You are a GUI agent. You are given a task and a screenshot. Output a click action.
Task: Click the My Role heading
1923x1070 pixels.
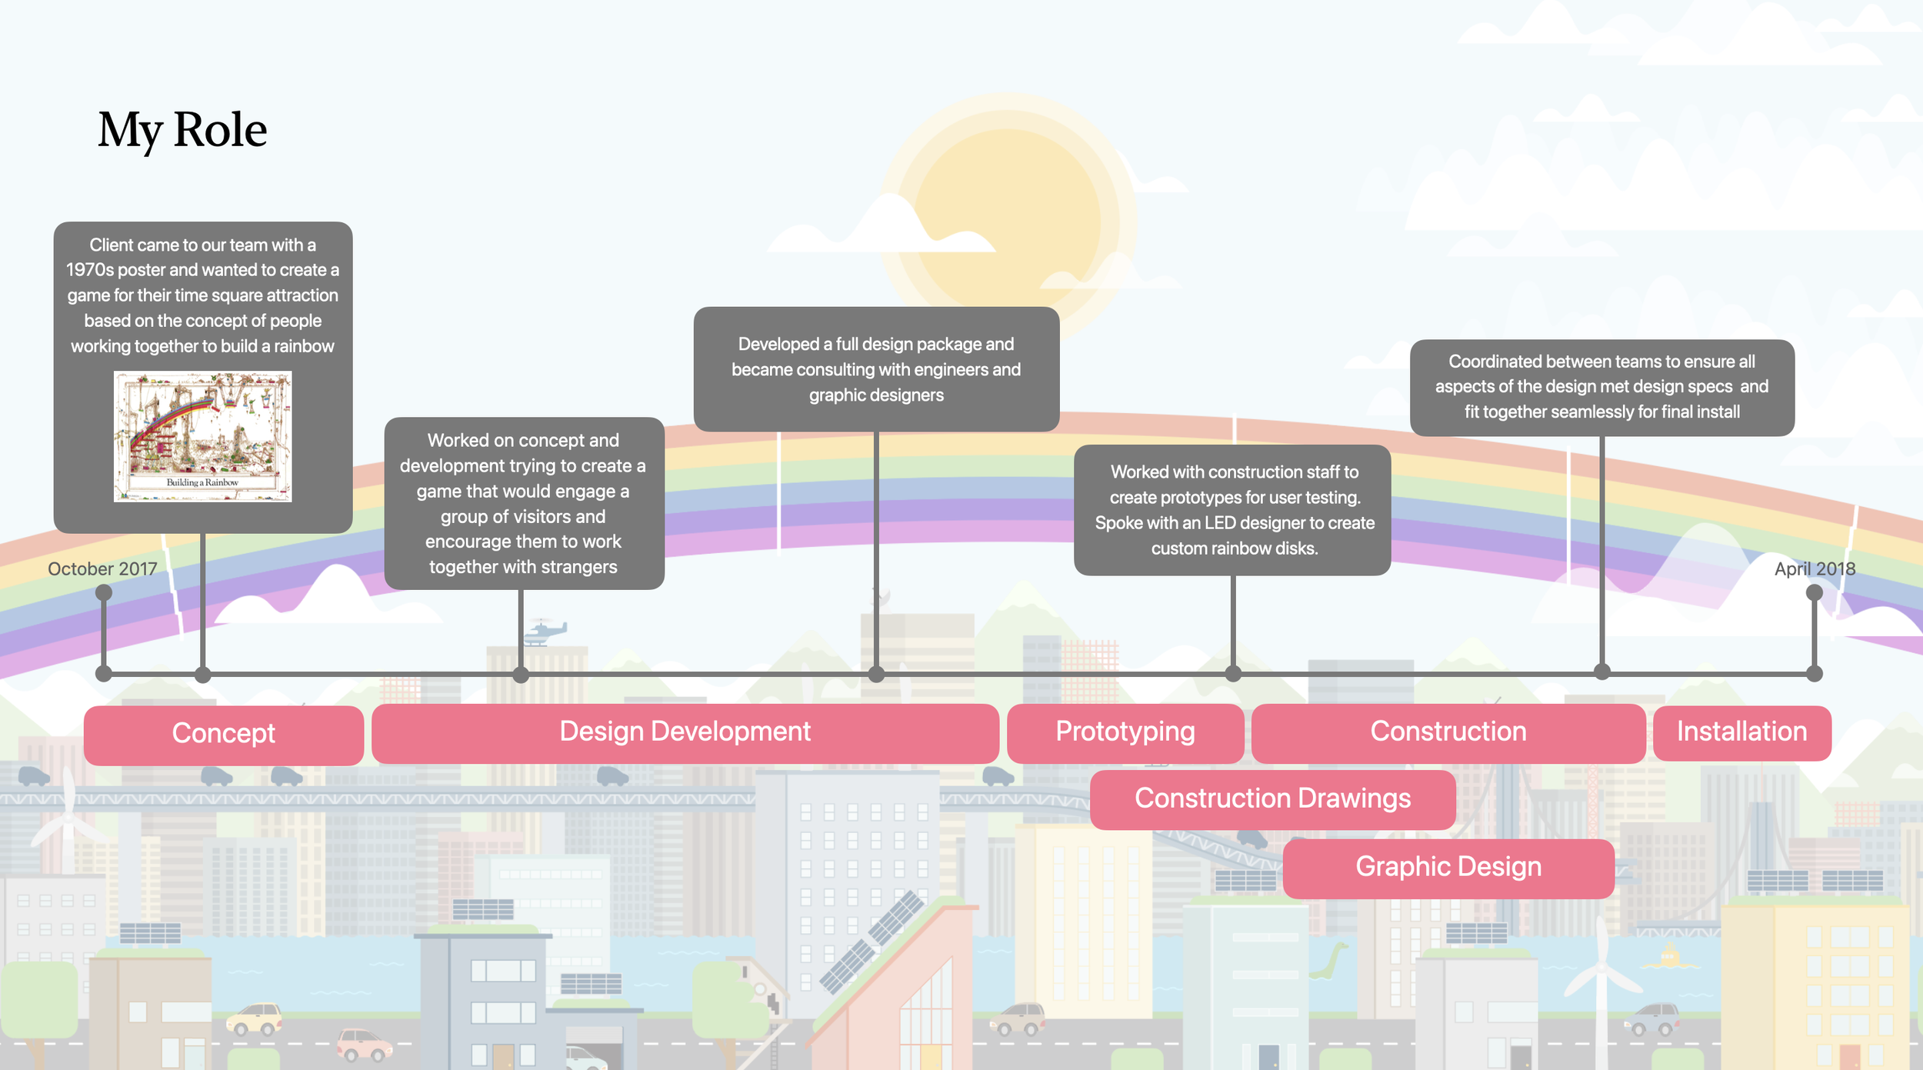click(182, 129)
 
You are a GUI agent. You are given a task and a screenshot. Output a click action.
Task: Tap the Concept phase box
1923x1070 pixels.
click(223, 734)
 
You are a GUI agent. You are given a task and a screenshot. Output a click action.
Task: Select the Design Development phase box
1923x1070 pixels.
click(685, 732)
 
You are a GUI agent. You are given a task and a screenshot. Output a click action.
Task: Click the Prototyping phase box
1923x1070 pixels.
click(1125, 732)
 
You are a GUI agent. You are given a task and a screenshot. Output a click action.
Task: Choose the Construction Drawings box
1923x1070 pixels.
click(1272, 799)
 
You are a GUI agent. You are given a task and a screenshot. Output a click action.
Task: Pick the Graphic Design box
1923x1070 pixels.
click(1448, 868)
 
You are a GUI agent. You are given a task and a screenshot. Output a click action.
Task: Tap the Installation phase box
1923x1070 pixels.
click(1741, 732)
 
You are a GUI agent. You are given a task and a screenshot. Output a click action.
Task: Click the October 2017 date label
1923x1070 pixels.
click(102, 569)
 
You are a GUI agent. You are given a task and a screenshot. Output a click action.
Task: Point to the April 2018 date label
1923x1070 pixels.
click(1815, 569)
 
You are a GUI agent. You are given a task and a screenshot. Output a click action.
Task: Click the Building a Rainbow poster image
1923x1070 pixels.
click(203, 436)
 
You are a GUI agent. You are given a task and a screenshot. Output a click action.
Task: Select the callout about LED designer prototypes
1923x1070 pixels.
click(1232, 510)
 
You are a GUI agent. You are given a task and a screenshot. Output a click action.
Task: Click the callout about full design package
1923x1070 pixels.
click(876, 370)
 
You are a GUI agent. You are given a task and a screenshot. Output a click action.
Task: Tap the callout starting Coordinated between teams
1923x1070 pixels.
click(1601, 387)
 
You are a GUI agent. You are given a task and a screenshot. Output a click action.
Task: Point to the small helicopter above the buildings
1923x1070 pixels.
click(545, 632)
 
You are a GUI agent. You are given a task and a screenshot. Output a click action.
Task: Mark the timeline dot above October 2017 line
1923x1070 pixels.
click(104, 592)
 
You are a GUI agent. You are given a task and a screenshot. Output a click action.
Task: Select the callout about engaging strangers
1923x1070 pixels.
click(524, 504)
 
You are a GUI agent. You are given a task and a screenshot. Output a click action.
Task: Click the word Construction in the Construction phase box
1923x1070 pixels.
click(1448, 732)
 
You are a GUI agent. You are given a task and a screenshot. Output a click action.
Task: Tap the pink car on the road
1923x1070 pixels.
click(364, 1045)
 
